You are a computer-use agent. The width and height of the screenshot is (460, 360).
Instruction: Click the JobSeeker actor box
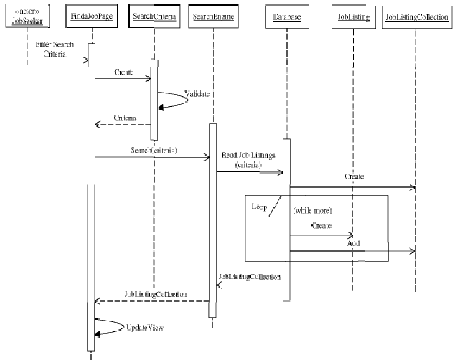click(x=27, y=15)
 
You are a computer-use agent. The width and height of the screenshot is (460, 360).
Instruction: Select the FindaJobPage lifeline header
click(x=90, y=16)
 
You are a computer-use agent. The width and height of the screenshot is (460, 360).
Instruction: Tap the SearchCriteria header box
click(x=154, y=16)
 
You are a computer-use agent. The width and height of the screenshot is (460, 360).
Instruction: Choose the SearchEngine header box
click(x=213, y=16)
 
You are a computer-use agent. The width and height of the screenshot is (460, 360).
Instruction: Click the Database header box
click(x=286, y=16)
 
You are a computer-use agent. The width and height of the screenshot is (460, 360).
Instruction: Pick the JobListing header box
click(x=353, y=16)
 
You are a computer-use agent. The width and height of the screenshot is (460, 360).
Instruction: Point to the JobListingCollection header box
click(x=416, y=16)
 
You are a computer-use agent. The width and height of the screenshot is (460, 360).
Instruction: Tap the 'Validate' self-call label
click(x=197, y=94)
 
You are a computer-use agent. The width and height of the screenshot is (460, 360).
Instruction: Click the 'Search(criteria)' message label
click(x=154, y=150)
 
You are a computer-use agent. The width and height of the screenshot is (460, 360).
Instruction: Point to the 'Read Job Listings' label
click(x=243, y=160)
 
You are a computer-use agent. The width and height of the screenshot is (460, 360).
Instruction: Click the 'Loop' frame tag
click(x=259, y=207)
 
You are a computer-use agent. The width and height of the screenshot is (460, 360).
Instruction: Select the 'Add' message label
click(x=353, y=243)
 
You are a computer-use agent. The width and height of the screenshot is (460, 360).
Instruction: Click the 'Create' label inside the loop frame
click(x=321, y=226)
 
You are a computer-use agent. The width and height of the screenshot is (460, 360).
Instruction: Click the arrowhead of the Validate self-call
click(x=163, y=106)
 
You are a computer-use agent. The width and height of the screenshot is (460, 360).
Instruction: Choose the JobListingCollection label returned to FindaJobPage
click(x=155, y=294)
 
